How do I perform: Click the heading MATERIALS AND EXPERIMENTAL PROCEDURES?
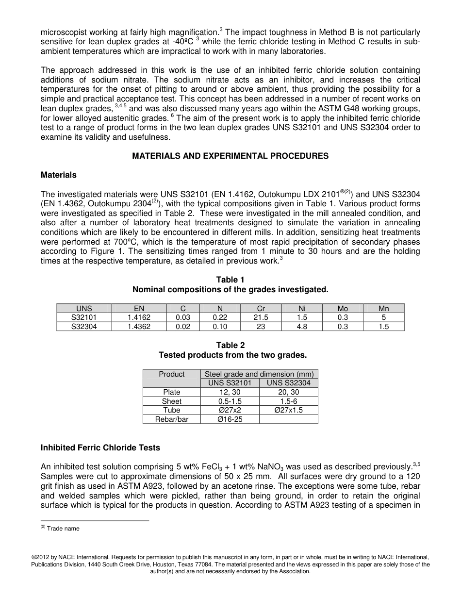(x=230, y=156)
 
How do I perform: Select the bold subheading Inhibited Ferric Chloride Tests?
(x=100, y=448)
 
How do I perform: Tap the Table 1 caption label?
(x=230, y=280)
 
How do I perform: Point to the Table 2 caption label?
(x=230, y=345)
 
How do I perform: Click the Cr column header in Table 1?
(x=261, y=308)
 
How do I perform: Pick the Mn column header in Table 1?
(x=383, y=308)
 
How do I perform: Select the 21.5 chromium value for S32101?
(x=261, y=317)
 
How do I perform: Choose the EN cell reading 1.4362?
(x=139, y=327)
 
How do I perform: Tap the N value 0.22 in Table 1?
(x=220, y=317)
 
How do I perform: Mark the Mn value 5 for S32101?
(x=383, y=317)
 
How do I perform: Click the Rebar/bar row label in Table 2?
(x=171, y=419)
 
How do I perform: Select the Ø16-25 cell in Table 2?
(x=230, y=419)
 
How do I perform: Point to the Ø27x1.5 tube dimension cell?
(x=288, y=410)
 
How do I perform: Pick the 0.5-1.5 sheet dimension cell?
(x=230, y=401)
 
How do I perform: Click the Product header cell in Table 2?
(x=171, y=374)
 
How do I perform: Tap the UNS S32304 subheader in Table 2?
(x=288, y=383)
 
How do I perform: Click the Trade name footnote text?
(x=63, y=529)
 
